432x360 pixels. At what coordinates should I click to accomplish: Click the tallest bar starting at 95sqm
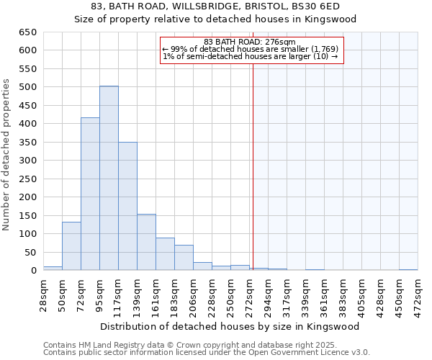coord(109,178)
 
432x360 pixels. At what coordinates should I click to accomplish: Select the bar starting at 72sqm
coord(90,194)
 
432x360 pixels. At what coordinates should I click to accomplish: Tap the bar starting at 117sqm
coord(127,206)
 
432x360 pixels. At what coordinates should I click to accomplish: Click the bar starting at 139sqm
coord(146,242)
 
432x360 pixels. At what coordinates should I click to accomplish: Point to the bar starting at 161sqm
coord(165,253)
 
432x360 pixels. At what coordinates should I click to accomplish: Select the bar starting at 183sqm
coord(184,257)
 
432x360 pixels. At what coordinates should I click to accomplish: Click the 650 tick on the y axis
coord(28,32)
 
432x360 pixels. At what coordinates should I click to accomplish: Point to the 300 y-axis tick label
coord(28,161)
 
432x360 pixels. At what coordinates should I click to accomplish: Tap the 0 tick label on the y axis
coord(34,271)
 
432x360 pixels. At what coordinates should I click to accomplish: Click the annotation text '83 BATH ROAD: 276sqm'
coord(249,42)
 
